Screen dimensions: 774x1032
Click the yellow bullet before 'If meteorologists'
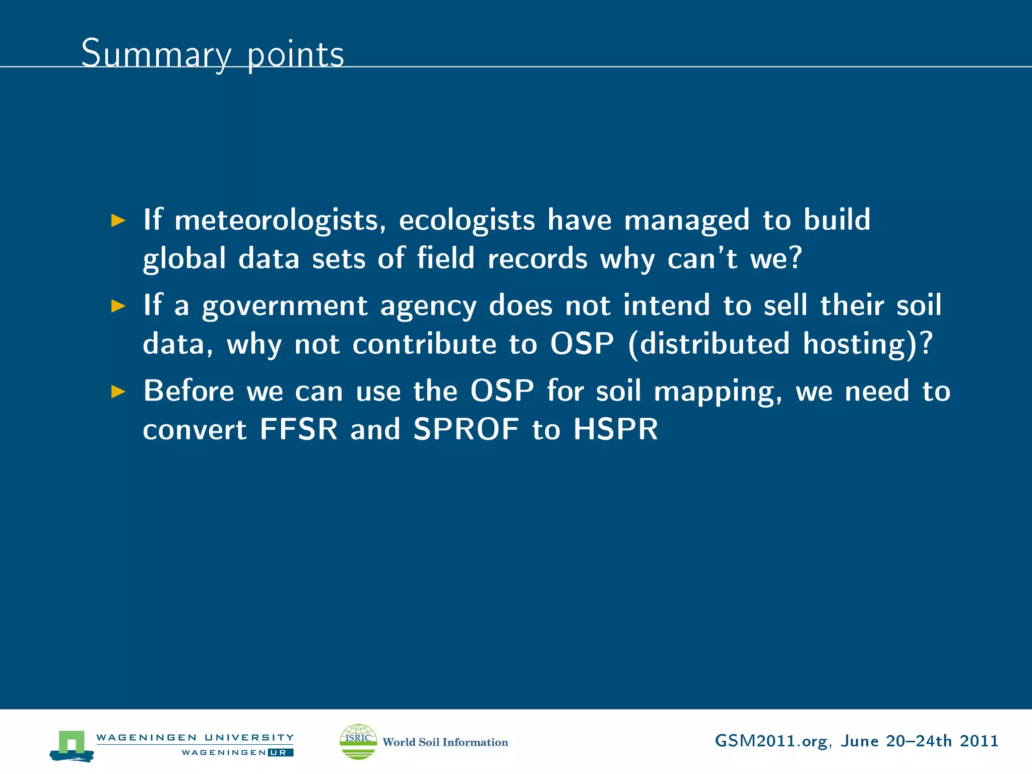118,220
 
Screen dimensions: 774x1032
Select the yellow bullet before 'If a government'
118,306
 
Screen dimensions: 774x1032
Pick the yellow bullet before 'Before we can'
118,392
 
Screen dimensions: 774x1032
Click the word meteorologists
280,221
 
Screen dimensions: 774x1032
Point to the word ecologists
467,221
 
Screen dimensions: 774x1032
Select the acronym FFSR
298,429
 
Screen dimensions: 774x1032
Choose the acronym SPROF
466,429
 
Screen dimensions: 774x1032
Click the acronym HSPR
615,429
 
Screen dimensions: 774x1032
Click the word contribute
424,344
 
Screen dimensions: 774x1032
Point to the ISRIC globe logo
358,741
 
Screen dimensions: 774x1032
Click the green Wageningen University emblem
72,745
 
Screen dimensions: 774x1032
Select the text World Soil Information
445,742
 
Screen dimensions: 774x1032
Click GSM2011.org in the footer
771,741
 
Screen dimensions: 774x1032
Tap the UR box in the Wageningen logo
281,752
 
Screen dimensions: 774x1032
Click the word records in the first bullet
537,259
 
